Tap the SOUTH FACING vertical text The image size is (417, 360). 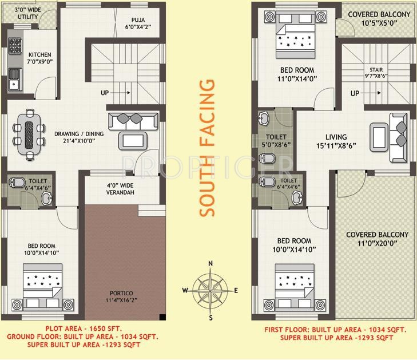point(209,148)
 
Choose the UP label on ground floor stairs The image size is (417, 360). point(105,93)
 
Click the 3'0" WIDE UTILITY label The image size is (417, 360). point(27,13)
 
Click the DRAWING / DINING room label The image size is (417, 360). point(79,138)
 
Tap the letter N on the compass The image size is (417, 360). point(211,264)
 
